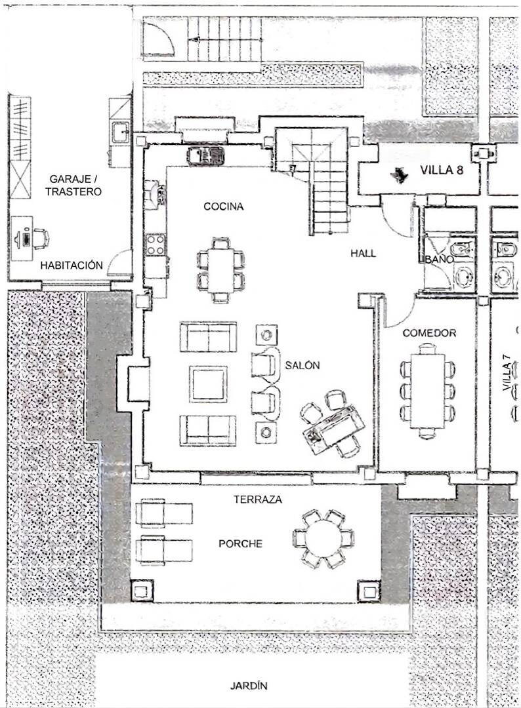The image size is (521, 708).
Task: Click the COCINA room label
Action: tap(223, 206)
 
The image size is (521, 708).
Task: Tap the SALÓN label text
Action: tap(302, 365)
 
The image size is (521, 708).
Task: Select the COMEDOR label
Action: tap(429, 333)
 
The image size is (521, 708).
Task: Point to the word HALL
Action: tap(363, 253)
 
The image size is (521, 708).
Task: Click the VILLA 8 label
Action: tap(442, 170)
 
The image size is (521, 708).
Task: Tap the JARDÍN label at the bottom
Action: tap(249, 686)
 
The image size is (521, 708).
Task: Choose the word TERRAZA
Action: tap(258, 499)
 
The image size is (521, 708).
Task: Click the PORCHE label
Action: tap(240, 543)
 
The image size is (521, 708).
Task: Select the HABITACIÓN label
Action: tap(72, 265)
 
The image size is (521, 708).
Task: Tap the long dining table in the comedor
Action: tap(427, 391)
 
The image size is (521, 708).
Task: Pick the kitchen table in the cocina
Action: tap(221, 270)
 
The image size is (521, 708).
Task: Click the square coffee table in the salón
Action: tap(208, 383)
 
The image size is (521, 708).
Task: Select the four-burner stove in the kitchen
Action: tap(155, 245)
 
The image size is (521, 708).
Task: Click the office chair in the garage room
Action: tap(41, 238)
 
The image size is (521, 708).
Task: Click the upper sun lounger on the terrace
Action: tap(164, 513)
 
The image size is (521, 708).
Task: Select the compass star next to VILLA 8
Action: tap(398, 174)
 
